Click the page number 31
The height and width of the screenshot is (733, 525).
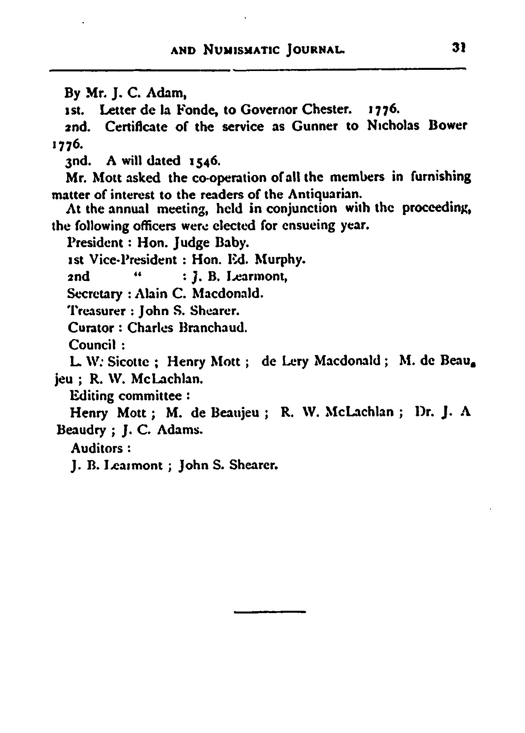[x=458, y=48]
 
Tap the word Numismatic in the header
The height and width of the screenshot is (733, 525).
[x=240, y=50]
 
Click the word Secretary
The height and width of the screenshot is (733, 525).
[x=95, y=293]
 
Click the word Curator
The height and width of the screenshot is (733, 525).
[x=90, y=328]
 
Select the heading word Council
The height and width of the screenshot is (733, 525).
[x=92, y=345]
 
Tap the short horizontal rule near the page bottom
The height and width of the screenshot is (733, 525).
[x=270, y=612]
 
